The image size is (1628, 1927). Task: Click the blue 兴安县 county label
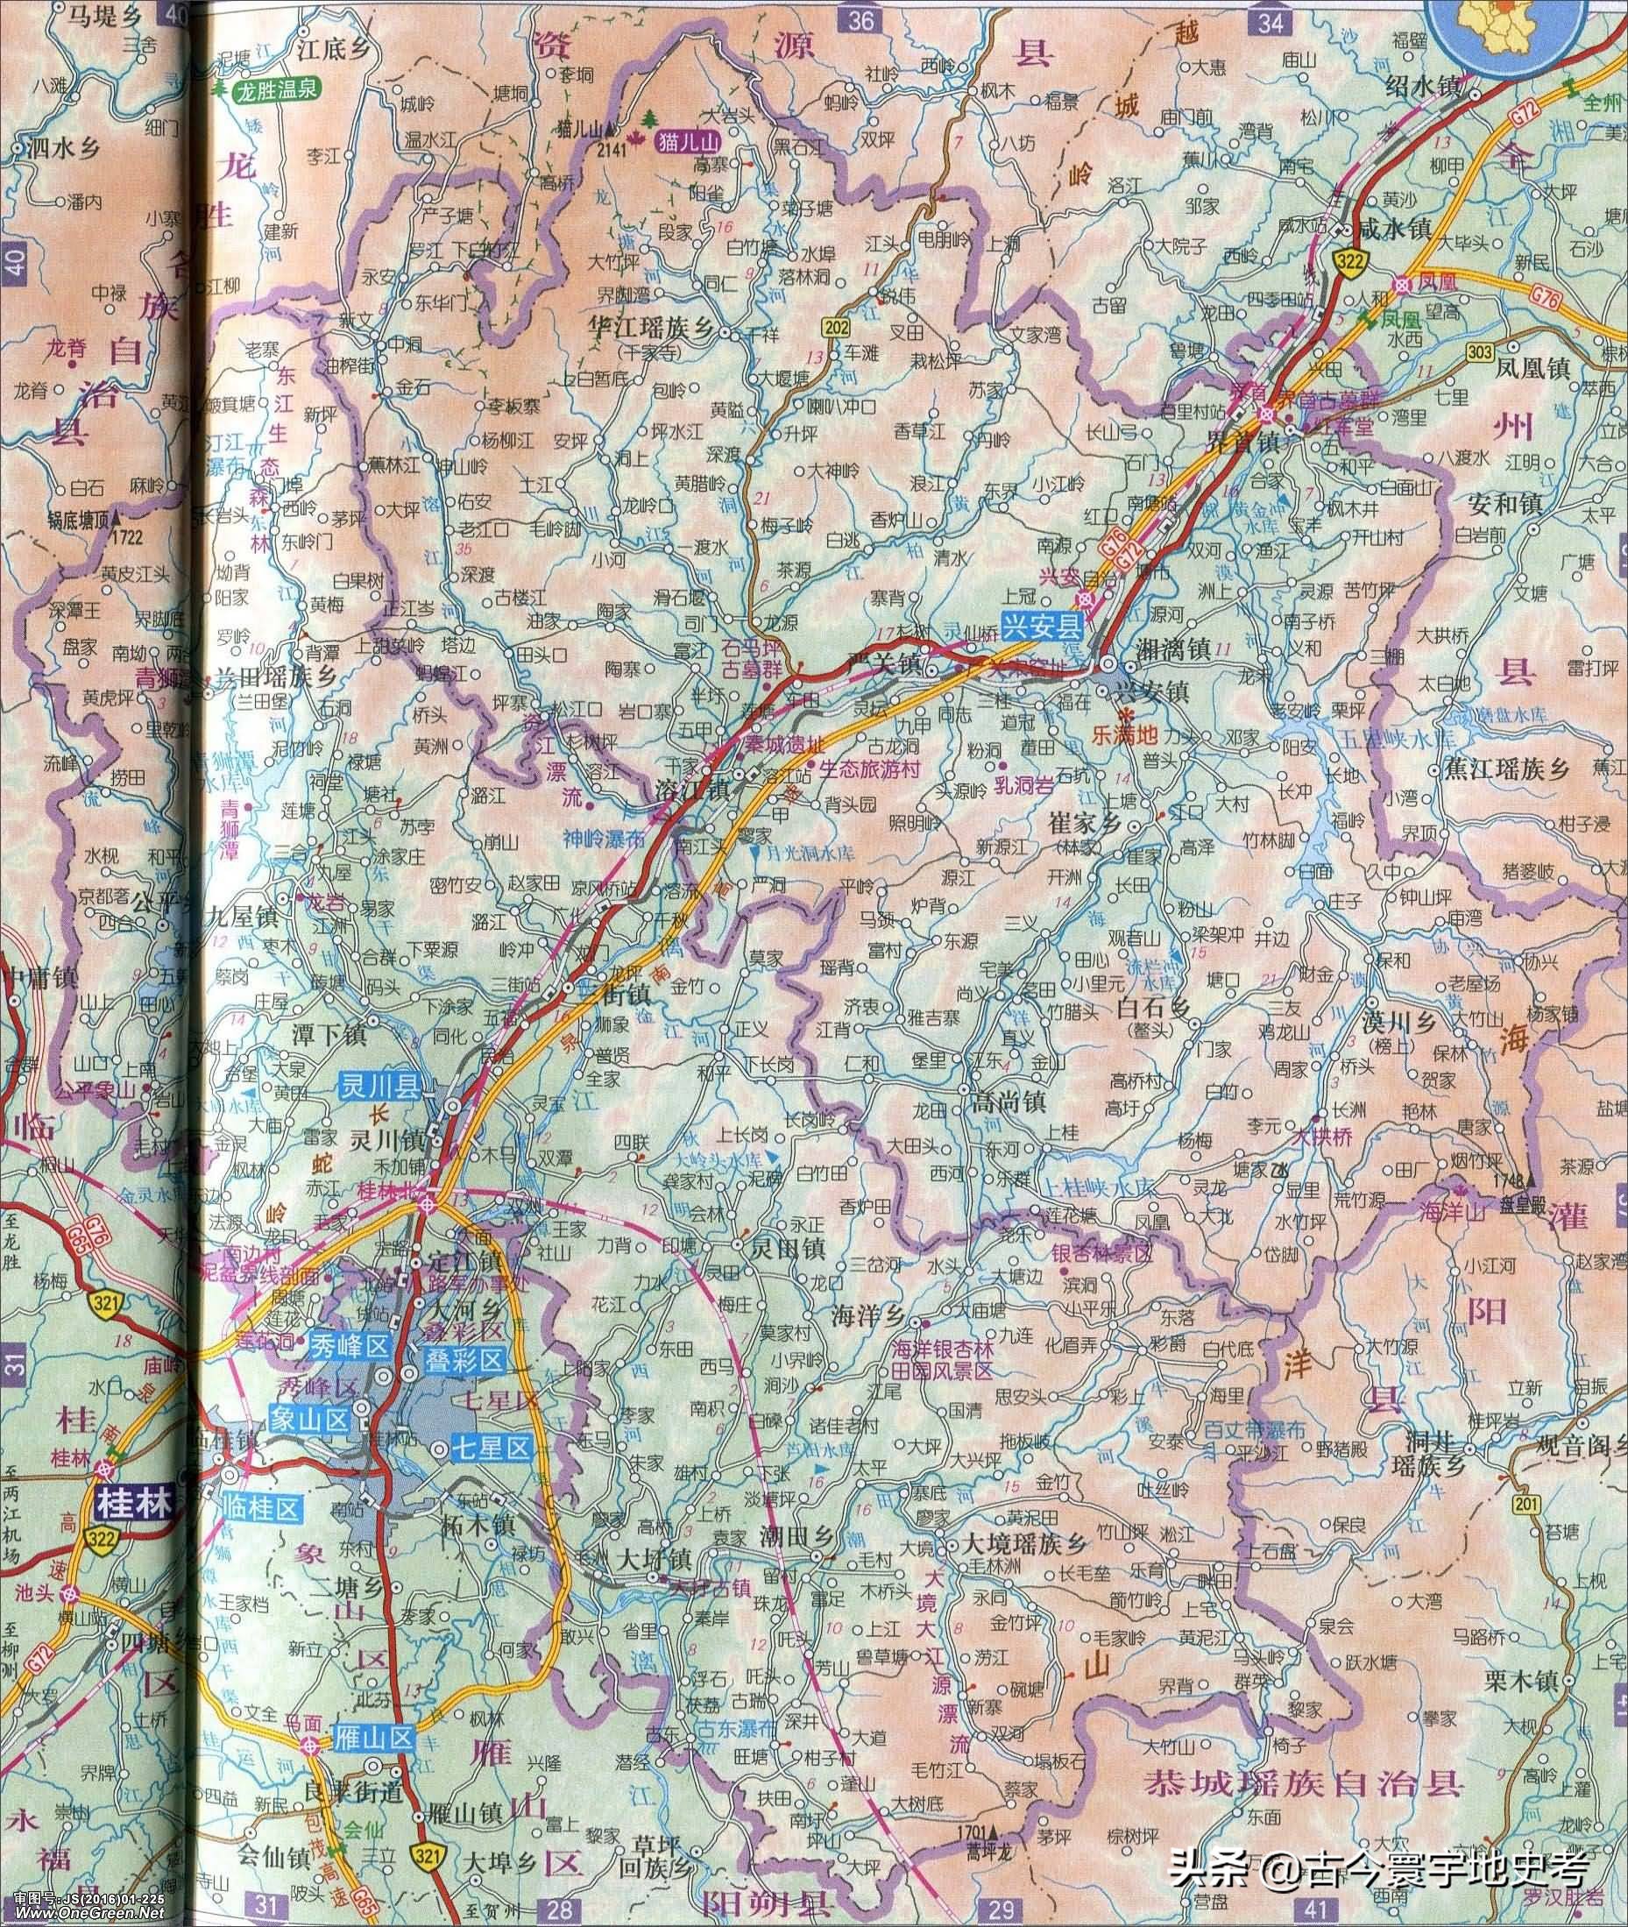point(1044,629)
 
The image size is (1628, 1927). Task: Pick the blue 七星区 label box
point(491,1449)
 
